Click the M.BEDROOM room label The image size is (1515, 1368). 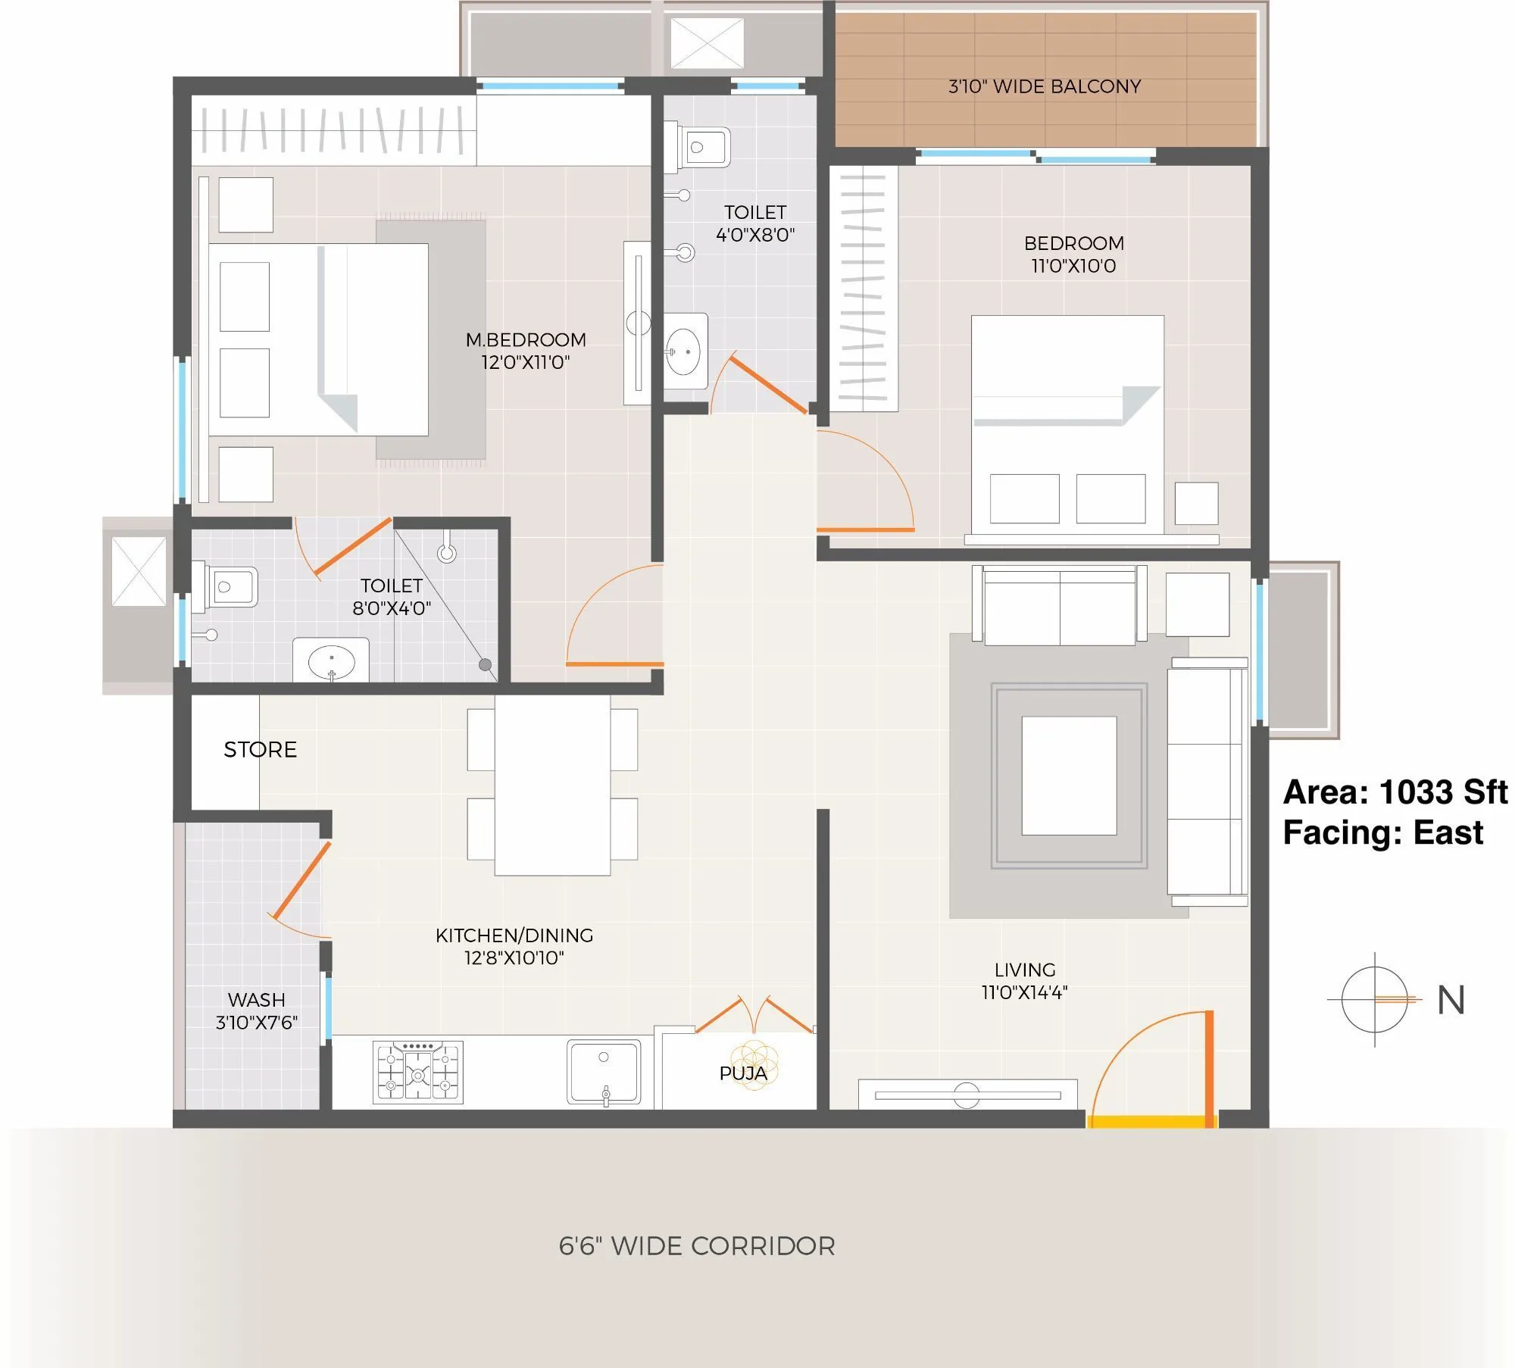coord(526,340)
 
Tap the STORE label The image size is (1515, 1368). coord(260,749)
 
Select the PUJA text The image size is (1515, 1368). coord(743,1073)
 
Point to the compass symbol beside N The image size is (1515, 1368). coord(1374,999)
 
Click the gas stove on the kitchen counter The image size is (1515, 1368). coord(418,1072)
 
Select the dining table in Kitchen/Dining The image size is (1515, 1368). coord(552,785)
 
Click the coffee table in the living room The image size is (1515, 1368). coord(1069,776)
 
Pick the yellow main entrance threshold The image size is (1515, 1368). coord(1151,1121)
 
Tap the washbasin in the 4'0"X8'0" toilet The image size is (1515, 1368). coord(684,352)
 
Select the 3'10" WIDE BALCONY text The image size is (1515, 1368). coord(1045,86)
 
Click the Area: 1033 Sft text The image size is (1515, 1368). coord(1395,792)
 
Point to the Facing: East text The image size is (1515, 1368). coord(1382,832)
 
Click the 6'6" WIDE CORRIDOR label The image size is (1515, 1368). coord(696,1246)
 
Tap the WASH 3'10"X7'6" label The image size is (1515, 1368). coord(256,1010)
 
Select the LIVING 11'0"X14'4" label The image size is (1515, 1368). coord(1024,980)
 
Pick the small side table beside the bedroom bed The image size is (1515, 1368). coord(1196,503)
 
